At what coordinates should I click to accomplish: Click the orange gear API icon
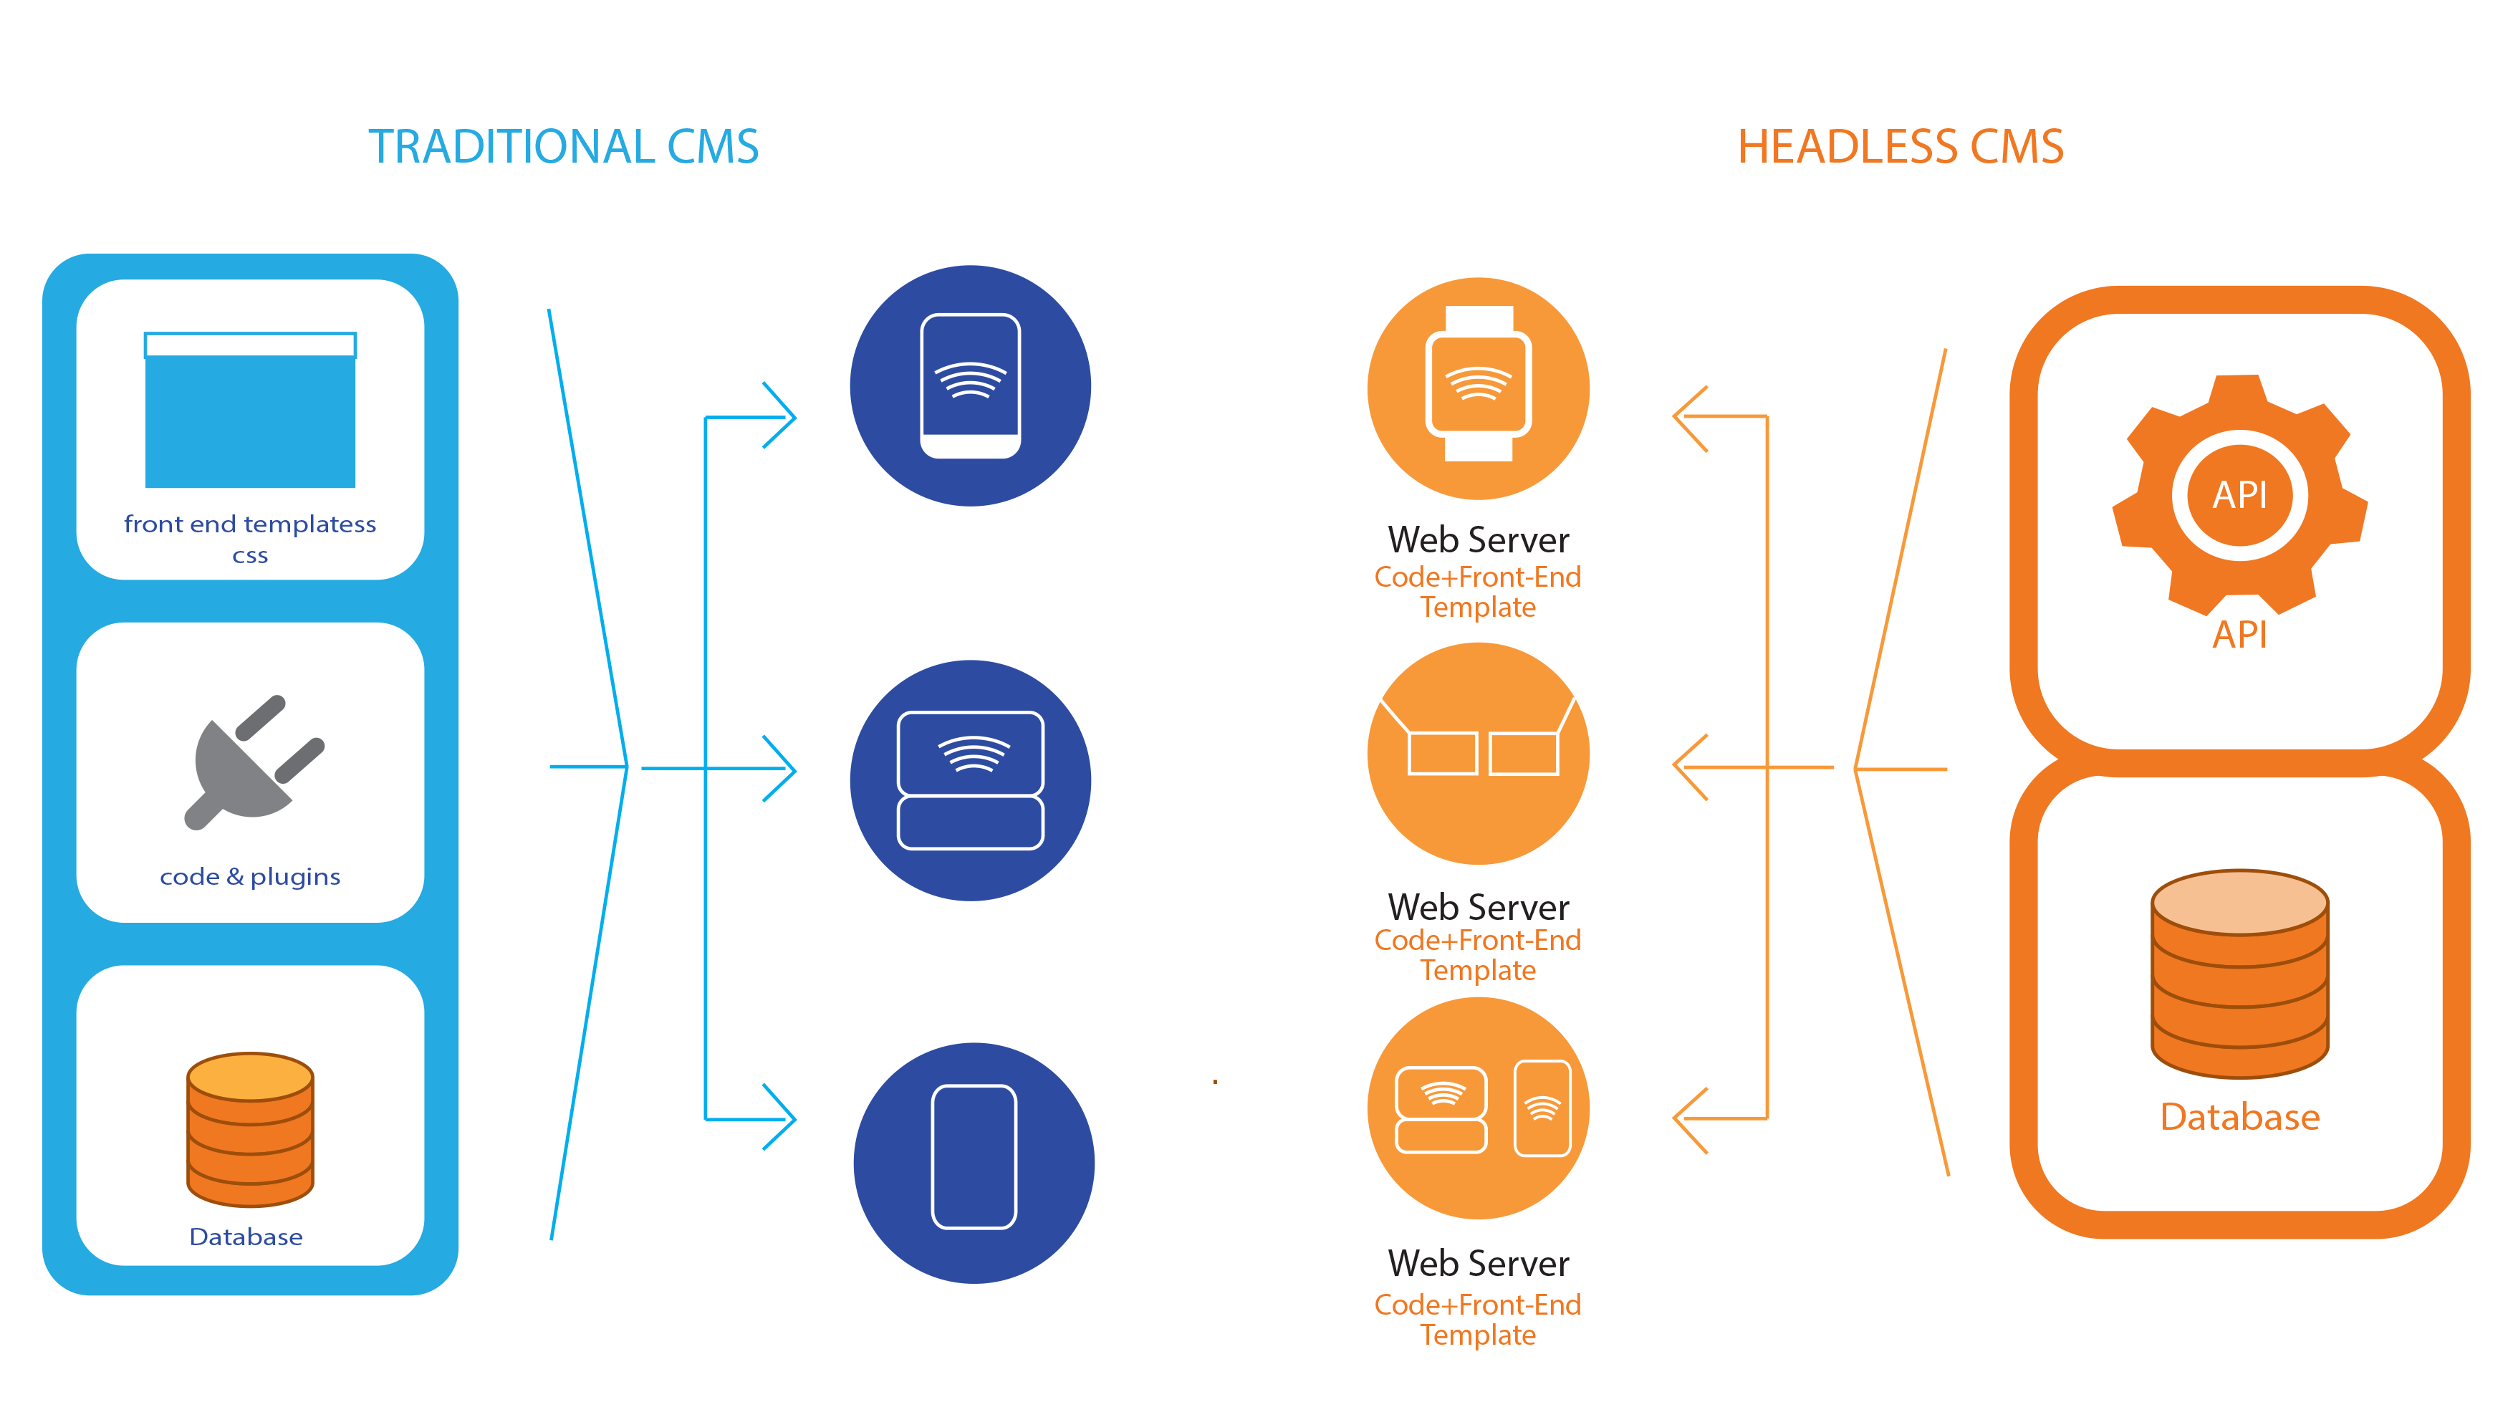coord(2239,494)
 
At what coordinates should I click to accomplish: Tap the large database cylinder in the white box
coord(2239,973)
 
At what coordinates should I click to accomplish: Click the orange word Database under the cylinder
coord(2239,1117)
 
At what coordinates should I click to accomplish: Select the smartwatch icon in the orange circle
coord(1478,385)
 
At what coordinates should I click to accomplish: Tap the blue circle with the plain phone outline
coord(974,1162)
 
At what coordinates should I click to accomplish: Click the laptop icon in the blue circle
coord(970,780)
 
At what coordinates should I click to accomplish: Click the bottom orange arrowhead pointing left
coord(1689,1120)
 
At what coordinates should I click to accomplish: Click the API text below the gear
coord(2239,634)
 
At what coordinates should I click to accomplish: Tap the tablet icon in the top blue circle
coord(970,385)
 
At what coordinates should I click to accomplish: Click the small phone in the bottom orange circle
coord(1542,1108)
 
